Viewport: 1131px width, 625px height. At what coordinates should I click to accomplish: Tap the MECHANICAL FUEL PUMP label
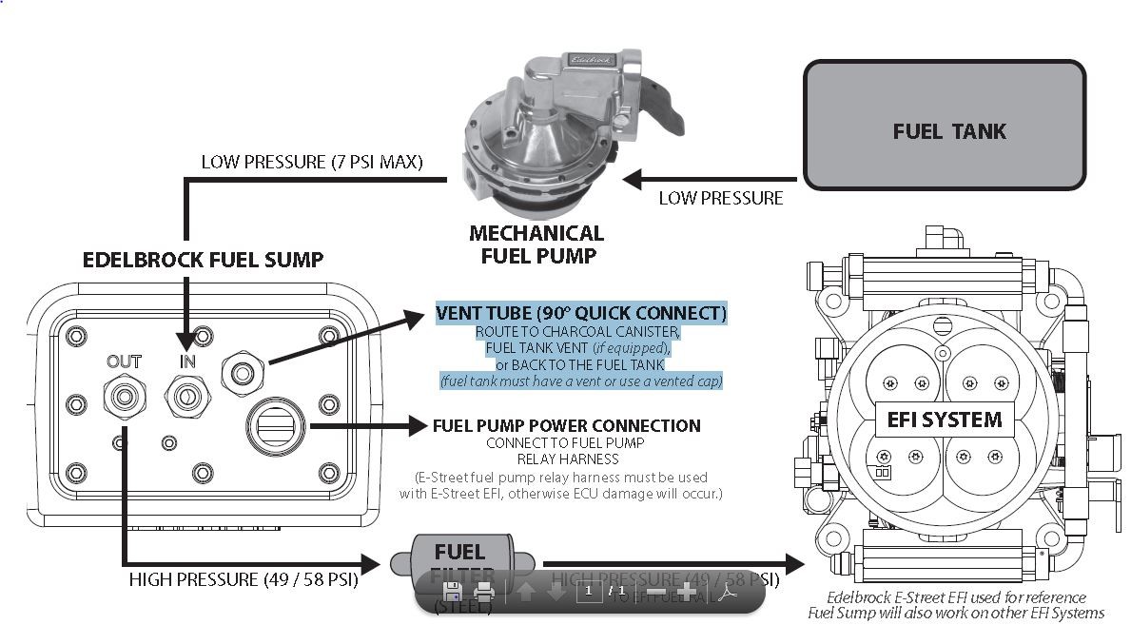pos(536,244)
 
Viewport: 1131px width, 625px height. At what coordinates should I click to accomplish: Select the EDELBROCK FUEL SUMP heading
pos(203,259)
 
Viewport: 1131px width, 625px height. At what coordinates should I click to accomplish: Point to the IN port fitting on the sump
pos(186,393)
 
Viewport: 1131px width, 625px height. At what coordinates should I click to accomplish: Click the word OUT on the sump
pos(124,361)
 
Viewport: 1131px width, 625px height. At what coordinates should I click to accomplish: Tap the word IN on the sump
pos(187,361)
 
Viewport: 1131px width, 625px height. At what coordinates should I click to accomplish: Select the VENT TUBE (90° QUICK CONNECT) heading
pos(580,313)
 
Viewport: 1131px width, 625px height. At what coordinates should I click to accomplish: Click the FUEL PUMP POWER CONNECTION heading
pos(566,425)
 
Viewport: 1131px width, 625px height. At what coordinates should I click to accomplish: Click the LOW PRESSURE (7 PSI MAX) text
pos(312,162)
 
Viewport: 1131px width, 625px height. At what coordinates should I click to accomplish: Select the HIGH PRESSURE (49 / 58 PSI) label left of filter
pos(244,578)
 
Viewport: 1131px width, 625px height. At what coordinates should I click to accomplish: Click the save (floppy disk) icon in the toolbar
pos(453,591)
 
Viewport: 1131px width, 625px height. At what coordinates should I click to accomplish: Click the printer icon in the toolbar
pos(484,591)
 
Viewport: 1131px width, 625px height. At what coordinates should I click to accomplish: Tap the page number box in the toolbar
pos(589,591)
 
